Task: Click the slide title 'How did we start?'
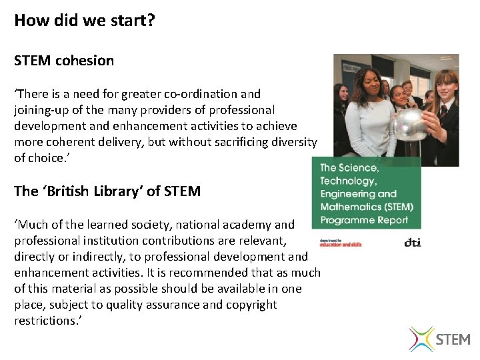[x=85, y=21]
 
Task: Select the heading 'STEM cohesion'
[x=64, y=61]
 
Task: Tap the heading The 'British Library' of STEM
[x=107, y=191]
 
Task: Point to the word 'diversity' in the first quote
[x=293, y=142]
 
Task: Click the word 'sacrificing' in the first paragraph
[x=235, y=142]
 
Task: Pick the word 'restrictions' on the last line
[x=44, y=321]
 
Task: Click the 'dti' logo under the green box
[x=413, y=243]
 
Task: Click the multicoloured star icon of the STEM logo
[x=421, y=338]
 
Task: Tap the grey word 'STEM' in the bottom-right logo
[x=453, y=339]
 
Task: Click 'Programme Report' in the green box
[x=363, y=220]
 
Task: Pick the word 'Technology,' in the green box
[x=348, y=181]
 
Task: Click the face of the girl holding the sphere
[x=445, y=87]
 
